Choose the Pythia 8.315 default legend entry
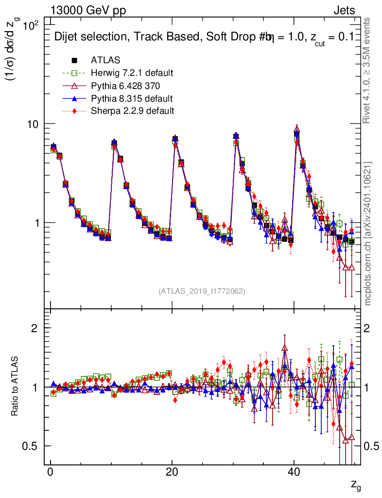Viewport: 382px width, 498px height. [132, 98]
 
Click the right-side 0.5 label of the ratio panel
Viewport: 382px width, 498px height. [373, 446]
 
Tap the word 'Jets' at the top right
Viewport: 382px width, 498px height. [344, 11]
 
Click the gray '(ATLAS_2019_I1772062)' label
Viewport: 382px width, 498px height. [202, 291]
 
